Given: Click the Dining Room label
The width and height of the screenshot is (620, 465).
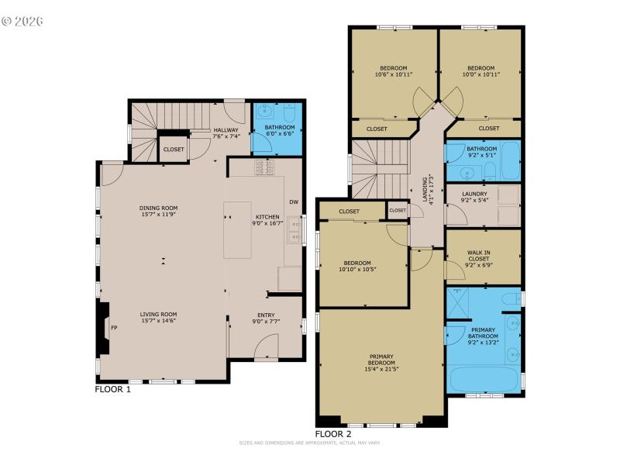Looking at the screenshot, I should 158,207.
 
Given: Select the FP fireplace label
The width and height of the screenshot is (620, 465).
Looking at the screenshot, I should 114,328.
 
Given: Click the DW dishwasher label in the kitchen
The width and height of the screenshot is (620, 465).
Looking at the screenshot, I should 293,202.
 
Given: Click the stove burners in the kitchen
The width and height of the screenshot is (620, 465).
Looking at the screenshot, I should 263,167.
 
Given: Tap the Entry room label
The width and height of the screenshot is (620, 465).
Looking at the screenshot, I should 266,315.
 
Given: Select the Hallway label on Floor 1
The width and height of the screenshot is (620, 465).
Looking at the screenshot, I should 226,130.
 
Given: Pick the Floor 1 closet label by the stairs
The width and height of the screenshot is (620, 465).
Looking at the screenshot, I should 174,150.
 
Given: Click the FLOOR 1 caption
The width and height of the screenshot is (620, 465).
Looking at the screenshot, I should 113,389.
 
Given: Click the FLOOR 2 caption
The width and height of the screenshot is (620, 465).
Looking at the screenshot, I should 333,434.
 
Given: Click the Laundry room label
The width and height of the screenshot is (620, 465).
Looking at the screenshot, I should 474,194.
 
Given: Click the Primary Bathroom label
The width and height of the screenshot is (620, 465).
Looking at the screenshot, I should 482,332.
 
